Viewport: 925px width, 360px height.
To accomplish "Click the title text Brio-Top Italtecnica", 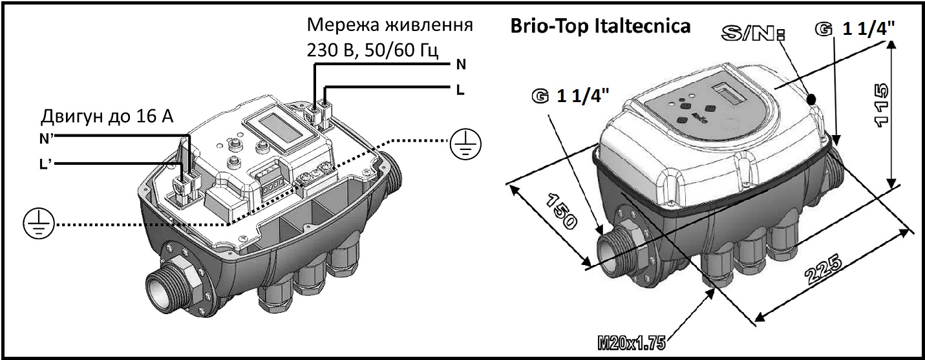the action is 601,26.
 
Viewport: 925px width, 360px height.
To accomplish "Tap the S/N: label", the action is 753,34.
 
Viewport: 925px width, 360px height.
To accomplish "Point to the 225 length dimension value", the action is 823,270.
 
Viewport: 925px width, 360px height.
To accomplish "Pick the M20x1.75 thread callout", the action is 632,343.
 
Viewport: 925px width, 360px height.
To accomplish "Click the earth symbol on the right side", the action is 465,144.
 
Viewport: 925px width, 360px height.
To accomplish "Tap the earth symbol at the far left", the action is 38,223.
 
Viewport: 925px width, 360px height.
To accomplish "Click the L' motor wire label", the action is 45,164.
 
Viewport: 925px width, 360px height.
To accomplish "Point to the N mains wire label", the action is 461,65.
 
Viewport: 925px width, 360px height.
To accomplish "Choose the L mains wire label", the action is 460,90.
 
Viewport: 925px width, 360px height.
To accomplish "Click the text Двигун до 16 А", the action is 107,117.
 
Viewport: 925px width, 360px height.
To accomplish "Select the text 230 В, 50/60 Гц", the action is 372,50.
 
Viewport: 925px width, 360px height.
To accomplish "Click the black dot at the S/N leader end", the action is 811,99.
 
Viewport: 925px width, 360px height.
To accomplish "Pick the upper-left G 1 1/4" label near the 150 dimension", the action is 570,97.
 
